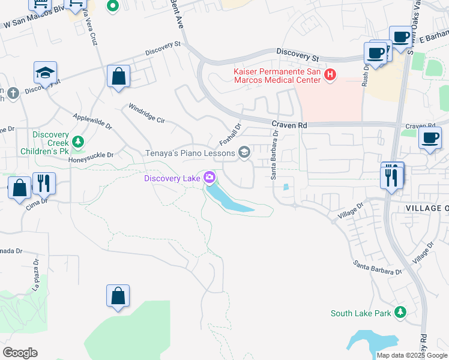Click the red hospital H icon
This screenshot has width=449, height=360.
(x=330, y=75)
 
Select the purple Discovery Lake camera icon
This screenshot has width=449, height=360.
(x=209, y=178)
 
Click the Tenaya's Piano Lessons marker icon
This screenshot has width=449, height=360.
(x=244, y=152)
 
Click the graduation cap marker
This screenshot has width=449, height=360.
(x=45, y=73)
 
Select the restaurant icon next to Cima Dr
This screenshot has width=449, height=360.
(x=44, y=182)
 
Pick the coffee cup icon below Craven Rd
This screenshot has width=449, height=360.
(x=430, y=137)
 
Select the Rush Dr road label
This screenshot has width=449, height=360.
(x=364, y=76)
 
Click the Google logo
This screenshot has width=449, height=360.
(x=20, y=353)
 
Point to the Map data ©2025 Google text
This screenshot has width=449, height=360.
(x=412, y=355)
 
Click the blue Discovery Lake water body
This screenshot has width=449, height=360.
(x=231, y=200)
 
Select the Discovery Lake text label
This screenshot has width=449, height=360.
(x=172, y=178)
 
